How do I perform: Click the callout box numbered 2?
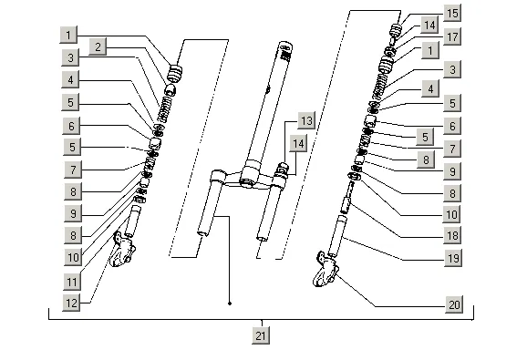point(98,46)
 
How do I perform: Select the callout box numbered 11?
point(72,282)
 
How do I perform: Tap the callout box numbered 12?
point(71,303)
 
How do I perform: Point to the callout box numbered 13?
point(306,120)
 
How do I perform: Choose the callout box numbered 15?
point(452,13)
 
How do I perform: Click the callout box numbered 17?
point(452,36)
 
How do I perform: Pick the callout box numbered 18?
point(452,235)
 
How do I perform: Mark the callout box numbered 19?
point(453,258)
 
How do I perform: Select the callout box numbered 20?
point(454,304)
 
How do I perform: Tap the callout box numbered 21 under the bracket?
point(261,335)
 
